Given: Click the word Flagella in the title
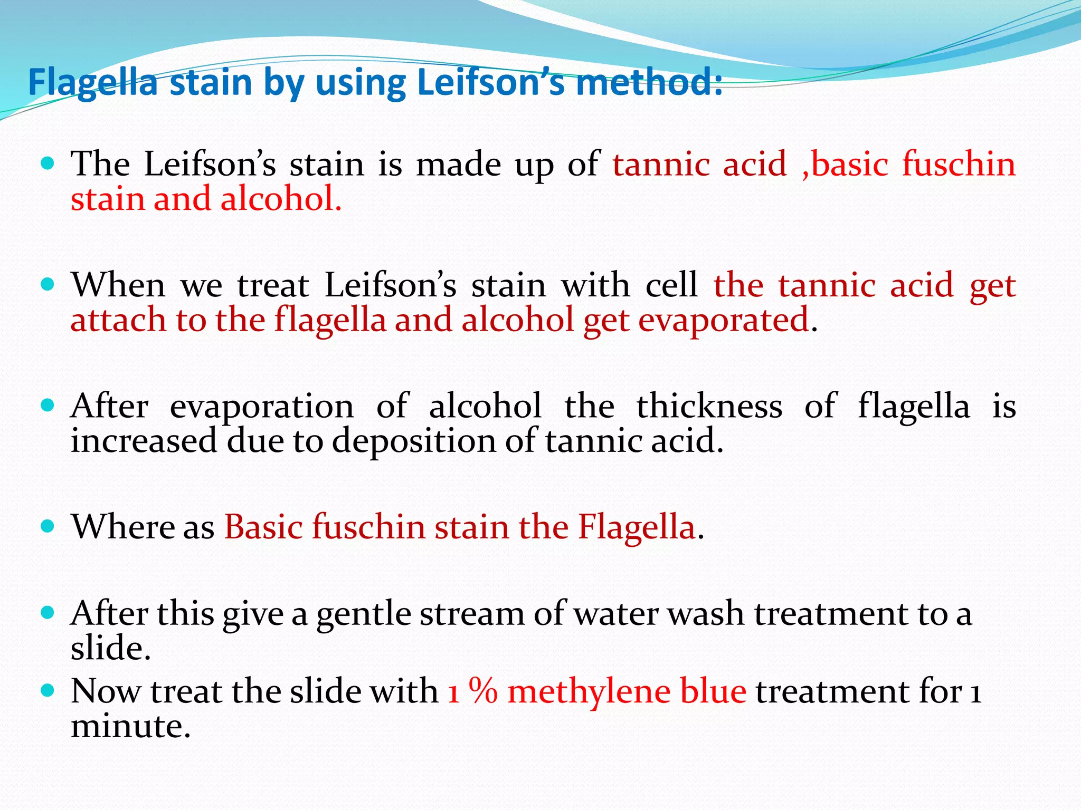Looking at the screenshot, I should click(93, 83).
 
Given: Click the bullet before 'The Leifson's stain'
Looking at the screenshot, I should click(48, 164).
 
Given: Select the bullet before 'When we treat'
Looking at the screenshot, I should click(48, 285).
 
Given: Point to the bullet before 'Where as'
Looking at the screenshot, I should click(48, 526).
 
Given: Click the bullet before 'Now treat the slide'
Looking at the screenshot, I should click(48, 690).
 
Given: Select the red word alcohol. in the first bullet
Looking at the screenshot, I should click(281, 199).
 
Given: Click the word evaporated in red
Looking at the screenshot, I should click(724, 320).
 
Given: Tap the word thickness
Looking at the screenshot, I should click(709, 407).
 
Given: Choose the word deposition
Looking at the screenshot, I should click(414, 441).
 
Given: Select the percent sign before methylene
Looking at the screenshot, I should click(483, 691).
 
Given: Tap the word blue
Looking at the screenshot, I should click(713, 691).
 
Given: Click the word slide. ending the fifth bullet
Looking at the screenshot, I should click(111, 648).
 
